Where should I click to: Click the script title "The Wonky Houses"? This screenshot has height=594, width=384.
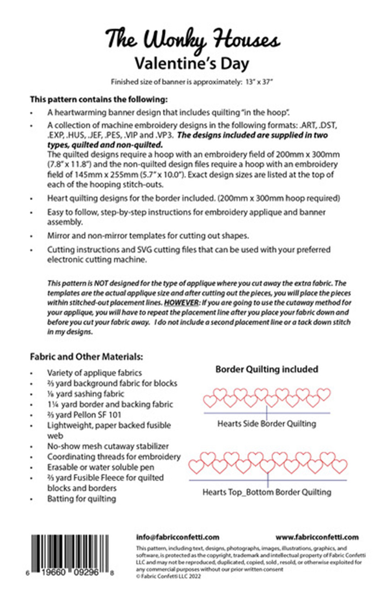click(x=192, y=39)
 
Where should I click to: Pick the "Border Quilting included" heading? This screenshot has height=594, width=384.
click(x=267, y=369)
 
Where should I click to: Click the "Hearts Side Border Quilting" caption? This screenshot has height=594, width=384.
click(x=267, y=424)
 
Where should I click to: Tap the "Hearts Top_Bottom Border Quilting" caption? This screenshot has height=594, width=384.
click(x=267, y=492)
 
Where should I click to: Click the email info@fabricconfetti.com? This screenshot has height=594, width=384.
click(x=178, y=537)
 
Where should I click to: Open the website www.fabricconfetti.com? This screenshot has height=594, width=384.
click(x=317, y=537)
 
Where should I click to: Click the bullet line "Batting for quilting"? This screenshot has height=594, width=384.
click(x=81, y=499)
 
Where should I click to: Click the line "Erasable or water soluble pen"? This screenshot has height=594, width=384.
click(x=100, y=467)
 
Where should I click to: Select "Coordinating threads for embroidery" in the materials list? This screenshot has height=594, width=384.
click(x=114, y=456)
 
